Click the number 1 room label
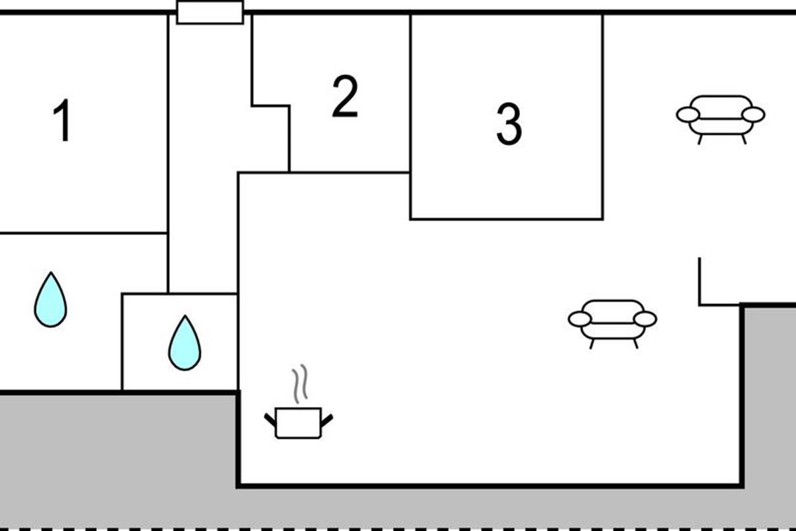click(62, 120)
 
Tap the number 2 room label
click(345, 96)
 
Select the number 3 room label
click(509, 124)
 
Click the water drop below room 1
click(50, 299)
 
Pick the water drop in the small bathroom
click(184, 342)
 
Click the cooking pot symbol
click(298, 423)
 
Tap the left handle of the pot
click(270, 420)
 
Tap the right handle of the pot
click(327, 420)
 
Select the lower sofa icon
click(612, 324)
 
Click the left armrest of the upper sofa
click(689, 115)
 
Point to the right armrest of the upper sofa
click(754, 115)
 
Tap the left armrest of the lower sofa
click(580, 319)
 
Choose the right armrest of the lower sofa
click(645, 319)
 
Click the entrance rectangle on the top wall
click(210, 13)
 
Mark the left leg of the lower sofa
click(592, 344)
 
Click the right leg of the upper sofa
click(744, 139)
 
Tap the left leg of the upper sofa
click(700, 139)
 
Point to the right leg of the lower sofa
click(635, 344)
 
